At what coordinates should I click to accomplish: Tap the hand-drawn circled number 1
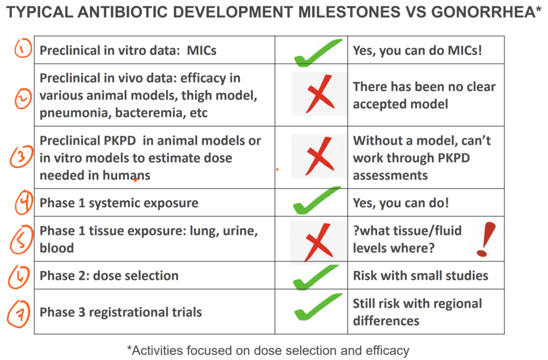(22, 50)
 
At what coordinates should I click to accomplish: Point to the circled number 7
(19, 311)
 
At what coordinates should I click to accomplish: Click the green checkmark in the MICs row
(318, 52)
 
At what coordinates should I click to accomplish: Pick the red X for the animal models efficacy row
(319, 94)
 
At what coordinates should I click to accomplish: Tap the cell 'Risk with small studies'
(421, 275)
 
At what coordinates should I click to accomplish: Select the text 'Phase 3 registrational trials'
(120, 312)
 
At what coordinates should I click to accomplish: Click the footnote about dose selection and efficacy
(268, 350)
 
